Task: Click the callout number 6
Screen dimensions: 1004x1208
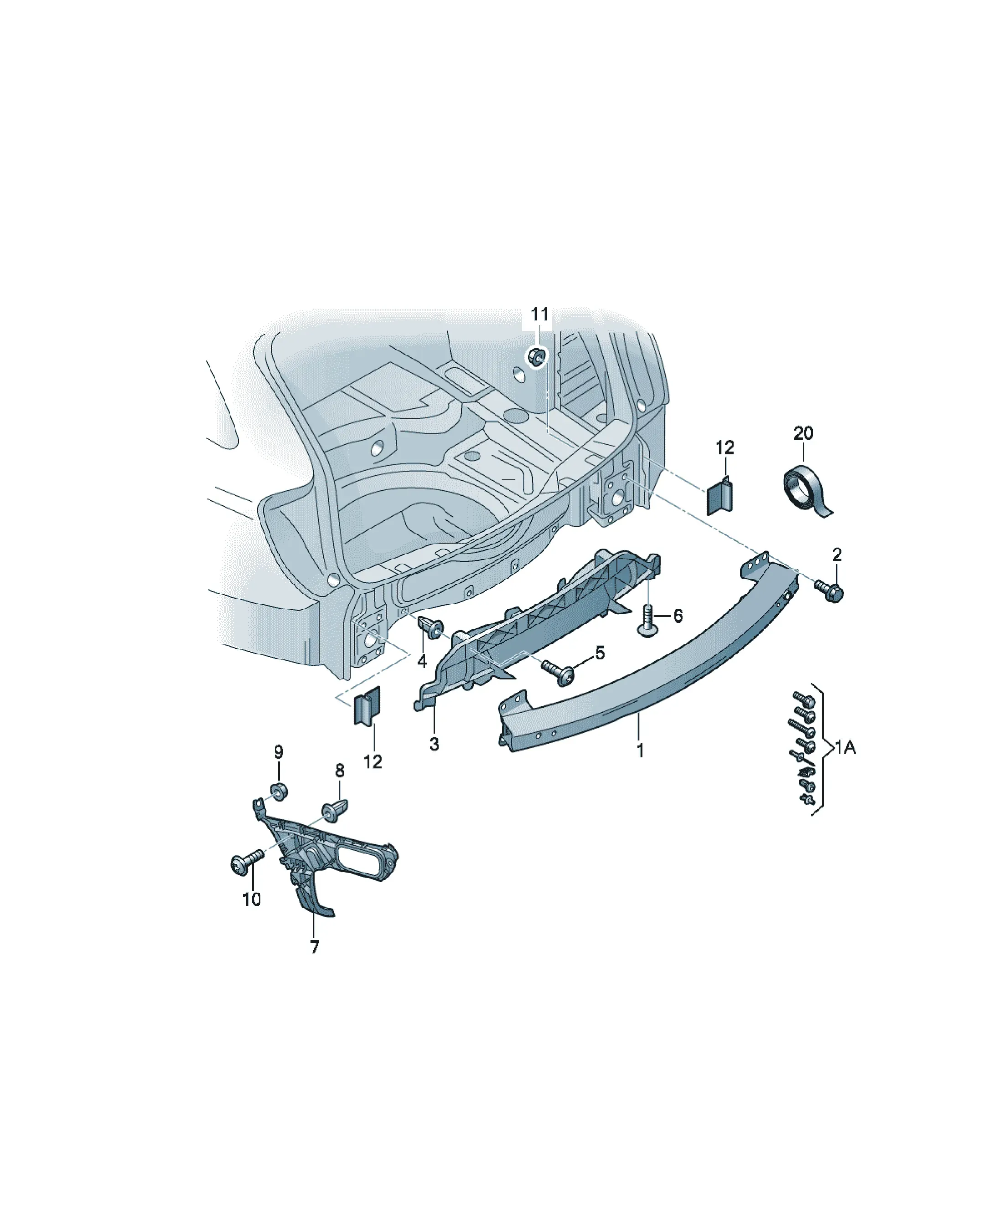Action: (678, 616)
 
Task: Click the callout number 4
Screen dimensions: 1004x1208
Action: (422, 662)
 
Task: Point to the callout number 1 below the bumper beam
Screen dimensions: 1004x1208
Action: (640, 750)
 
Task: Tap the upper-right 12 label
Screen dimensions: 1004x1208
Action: (725, 447)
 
